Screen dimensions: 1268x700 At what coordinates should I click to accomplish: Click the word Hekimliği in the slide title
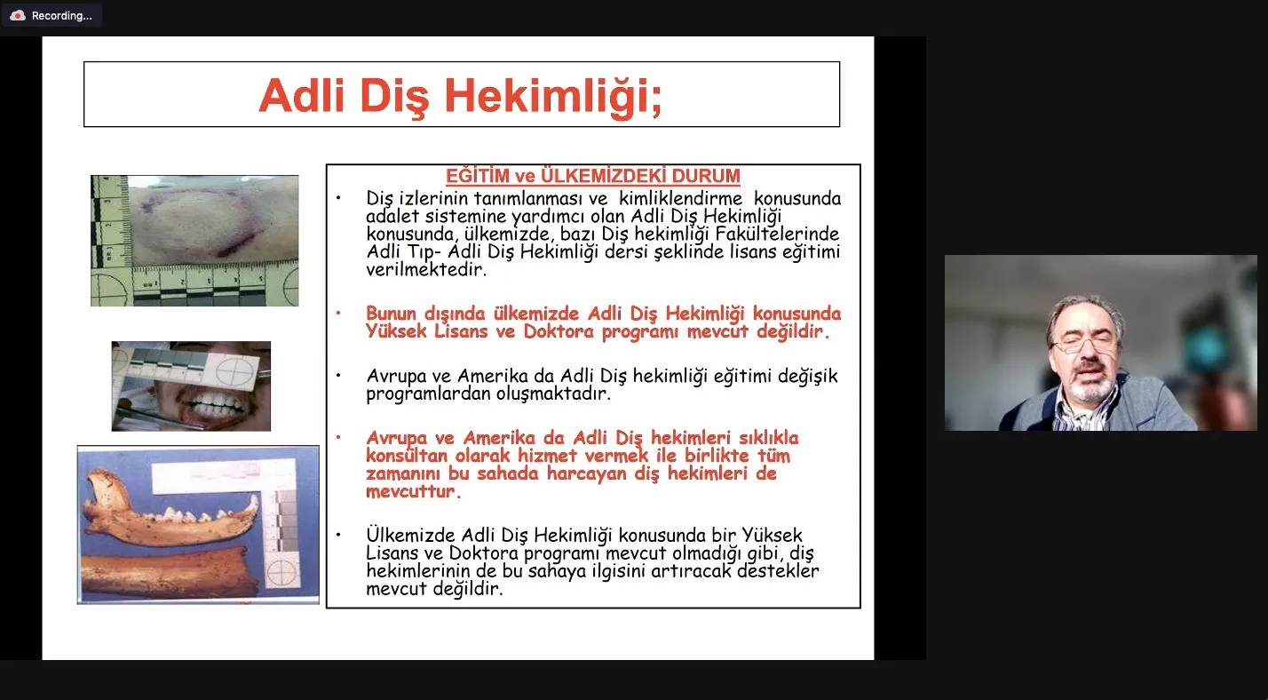click(x=553, y=96)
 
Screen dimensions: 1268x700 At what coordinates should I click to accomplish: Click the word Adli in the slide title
click(x=302, y=94)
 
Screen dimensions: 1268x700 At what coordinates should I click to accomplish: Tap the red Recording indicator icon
click(x=18, y=16)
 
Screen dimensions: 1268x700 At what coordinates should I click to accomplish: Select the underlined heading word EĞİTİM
click(x=478, y=176)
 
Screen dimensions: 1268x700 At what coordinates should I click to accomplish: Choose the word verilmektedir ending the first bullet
click(x=426, y=269)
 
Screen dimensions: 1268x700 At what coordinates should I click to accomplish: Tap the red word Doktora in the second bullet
click(x=559, y=331)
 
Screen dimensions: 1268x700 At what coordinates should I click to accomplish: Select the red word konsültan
click(x=407, y=456)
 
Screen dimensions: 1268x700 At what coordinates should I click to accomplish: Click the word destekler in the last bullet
click(x=778, y=570)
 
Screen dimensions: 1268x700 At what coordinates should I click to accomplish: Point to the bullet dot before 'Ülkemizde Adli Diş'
click(x=338, y=535)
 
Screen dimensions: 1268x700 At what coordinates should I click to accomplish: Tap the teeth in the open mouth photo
click(x=216, y=403)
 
